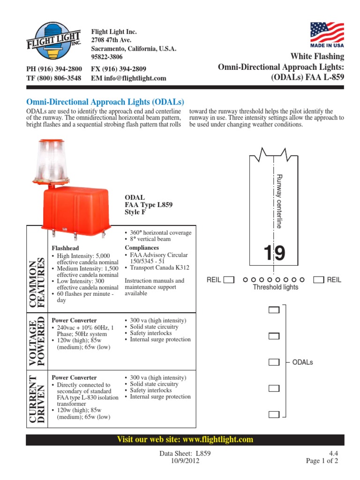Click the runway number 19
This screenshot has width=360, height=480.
point(274,254)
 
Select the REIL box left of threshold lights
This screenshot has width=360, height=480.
point(229,280)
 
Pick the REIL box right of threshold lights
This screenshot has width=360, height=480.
point(319,280)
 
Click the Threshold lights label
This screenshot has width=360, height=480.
point(275,287)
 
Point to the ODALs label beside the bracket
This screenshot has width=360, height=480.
point(302,362)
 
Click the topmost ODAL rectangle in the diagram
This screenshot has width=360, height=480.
point(274,310)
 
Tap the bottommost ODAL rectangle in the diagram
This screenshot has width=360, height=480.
point(274,414)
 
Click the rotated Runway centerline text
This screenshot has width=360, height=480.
point(279,201)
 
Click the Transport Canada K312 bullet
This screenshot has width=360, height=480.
point(159,268)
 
